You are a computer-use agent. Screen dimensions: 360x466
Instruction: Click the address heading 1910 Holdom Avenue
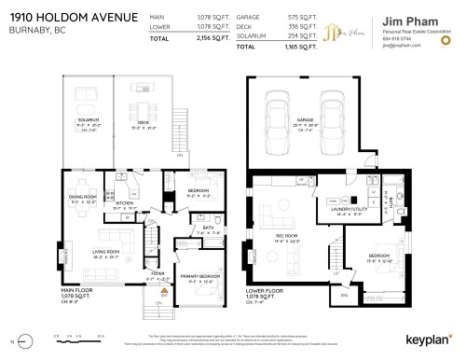pos(73,17)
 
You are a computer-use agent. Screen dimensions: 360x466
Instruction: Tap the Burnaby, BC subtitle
pos(31,30)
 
